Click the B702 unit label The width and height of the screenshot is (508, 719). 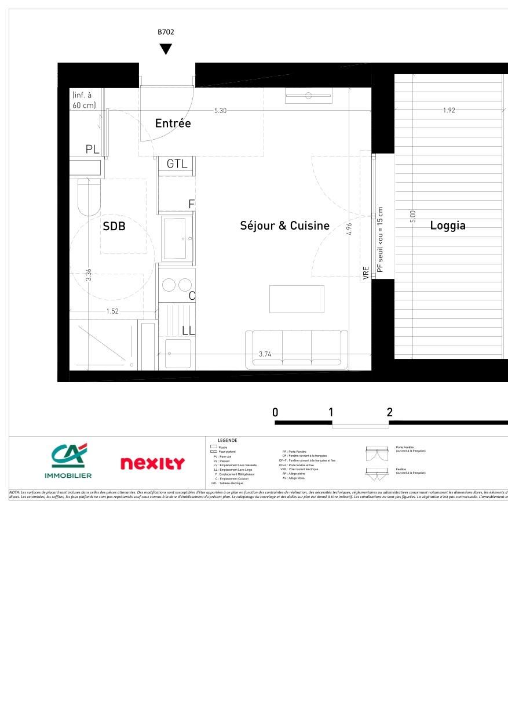[166, 33]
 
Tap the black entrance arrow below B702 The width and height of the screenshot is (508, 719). [166, 49]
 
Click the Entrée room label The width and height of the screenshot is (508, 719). [173, 124]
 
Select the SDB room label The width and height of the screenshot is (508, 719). [114, 227]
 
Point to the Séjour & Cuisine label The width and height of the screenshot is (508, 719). [284, 226]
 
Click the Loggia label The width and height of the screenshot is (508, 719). [448, 226]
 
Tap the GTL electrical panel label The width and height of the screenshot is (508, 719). [177, 164]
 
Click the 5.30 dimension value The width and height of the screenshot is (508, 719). [220, 110]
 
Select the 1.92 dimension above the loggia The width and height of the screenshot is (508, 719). [449, 110]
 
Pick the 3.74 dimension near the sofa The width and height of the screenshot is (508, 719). [265, 354]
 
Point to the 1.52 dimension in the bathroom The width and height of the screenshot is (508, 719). [112, 311]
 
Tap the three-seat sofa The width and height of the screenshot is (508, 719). [297, 350]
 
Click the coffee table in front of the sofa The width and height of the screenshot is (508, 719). [297, 299]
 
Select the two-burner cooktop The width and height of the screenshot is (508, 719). [177, 285]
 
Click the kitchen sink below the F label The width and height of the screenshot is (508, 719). [177, 238]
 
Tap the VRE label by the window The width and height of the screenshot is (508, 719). [366, 274]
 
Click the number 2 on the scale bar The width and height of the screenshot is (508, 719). [389, 413]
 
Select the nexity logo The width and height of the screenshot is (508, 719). [152, 463]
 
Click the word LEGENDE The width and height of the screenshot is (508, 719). [227, 441]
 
